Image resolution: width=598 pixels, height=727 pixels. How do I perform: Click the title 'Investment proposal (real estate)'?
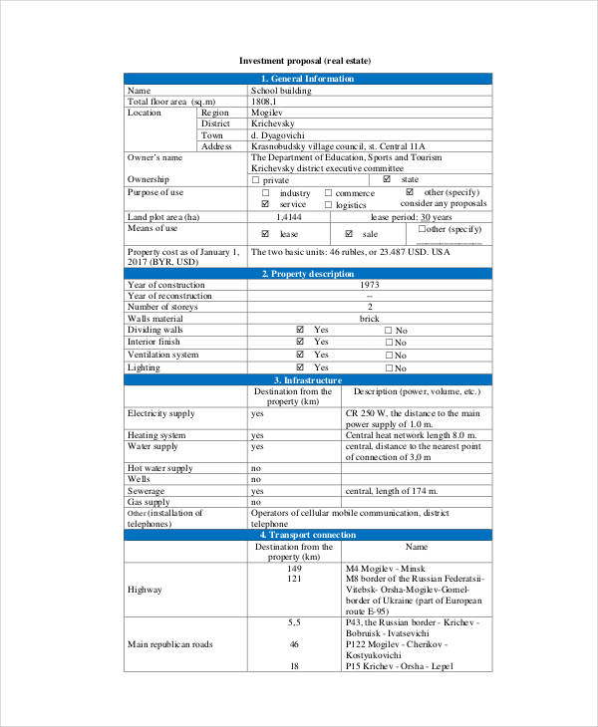306,62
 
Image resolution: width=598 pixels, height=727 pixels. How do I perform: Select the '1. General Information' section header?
307,79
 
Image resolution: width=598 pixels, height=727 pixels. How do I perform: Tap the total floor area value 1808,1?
265,102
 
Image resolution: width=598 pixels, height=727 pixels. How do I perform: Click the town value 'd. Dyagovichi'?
277,135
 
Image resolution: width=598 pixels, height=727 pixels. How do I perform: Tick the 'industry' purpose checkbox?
266,192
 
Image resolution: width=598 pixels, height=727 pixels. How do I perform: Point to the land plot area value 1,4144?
289,216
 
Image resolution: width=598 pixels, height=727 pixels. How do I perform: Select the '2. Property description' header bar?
307,274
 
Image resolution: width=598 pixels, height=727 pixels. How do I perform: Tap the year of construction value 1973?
370,285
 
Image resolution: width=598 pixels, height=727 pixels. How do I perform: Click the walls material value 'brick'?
370,319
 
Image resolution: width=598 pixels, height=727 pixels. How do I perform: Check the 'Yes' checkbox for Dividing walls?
299,330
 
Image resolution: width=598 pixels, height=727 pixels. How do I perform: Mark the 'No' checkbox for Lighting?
389,368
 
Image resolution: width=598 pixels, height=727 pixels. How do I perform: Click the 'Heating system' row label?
156,435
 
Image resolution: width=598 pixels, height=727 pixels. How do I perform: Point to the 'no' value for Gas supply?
256,502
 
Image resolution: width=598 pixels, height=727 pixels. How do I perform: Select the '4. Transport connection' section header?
307,535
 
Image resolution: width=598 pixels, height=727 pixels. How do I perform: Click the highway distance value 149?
294,568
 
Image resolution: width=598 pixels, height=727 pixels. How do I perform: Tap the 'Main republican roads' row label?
169,644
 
